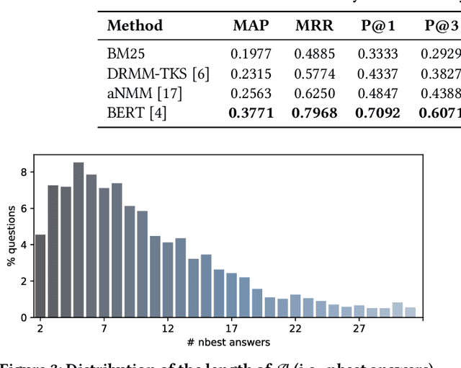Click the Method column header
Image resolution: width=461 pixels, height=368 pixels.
(x=135, y=26)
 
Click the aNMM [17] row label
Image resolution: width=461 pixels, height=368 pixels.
(x=144, y=93)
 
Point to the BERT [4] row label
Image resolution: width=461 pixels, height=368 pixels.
(x=136, y=113)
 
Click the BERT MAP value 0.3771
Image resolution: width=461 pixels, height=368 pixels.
(x=251, y=113)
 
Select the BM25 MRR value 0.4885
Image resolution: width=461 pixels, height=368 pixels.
(x=314, y=53)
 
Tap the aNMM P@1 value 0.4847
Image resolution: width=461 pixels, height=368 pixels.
(x=378, y=93)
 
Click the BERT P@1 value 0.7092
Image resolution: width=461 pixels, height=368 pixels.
(x=378, y=113)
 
